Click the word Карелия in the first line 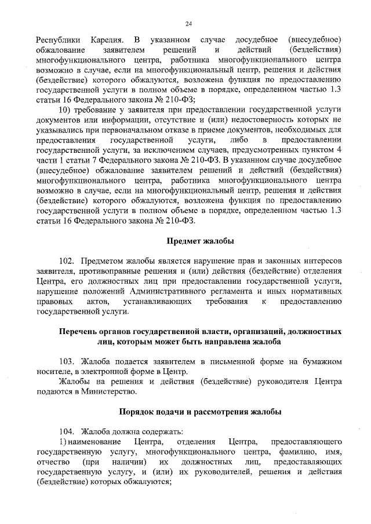105,40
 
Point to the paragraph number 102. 67,261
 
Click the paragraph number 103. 67,361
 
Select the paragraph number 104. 67,431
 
